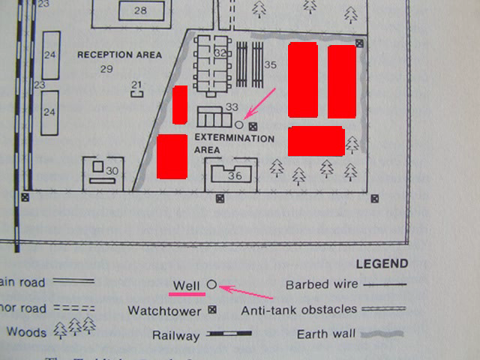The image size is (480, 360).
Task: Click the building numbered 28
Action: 140,10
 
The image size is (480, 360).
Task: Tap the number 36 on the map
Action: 235,175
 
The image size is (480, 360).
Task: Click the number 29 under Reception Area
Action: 106,69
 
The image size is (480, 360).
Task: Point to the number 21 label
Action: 136,84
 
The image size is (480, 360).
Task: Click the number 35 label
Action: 271,65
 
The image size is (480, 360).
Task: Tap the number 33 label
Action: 232,107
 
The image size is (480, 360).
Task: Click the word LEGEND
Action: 382,264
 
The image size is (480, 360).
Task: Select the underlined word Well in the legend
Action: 185,286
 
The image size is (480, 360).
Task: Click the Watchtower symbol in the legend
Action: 211,310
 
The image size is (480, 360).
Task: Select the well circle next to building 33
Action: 239,124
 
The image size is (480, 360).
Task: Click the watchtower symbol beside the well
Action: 253,125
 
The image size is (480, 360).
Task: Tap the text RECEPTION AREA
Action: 119,55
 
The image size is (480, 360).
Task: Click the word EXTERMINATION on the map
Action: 234,139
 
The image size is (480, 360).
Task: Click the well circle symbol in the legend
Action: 211,285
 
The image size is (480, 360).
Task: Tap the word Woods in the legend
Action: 26,331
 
